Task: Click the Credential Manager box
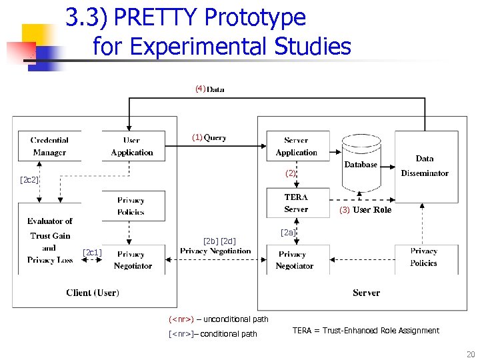(49, 147)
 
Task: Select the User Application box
(132, 147)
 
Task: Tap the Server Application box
(296, 147)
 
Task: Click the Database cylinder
(361, 163)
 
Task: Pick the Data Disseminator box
(425, 166)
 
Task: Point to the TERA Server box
(296, 203)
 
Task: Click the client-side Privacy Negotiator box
(133, 259)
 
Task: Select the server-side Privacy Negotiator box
(295, 259)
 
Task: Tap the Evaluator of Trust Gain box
(50, 241)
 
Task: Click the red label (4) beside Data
(200, 89)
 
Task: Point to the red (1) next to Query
(197, 138)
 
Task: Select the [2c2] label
(29, 180)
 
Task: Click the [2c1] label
(92, 252)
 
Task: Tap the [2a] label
(288, 233)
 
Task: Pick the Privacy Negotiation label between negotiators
(215, 251)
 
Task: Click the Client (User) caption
(93, 292)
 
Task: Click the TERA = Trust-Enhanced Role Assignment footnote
(366, 331)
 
